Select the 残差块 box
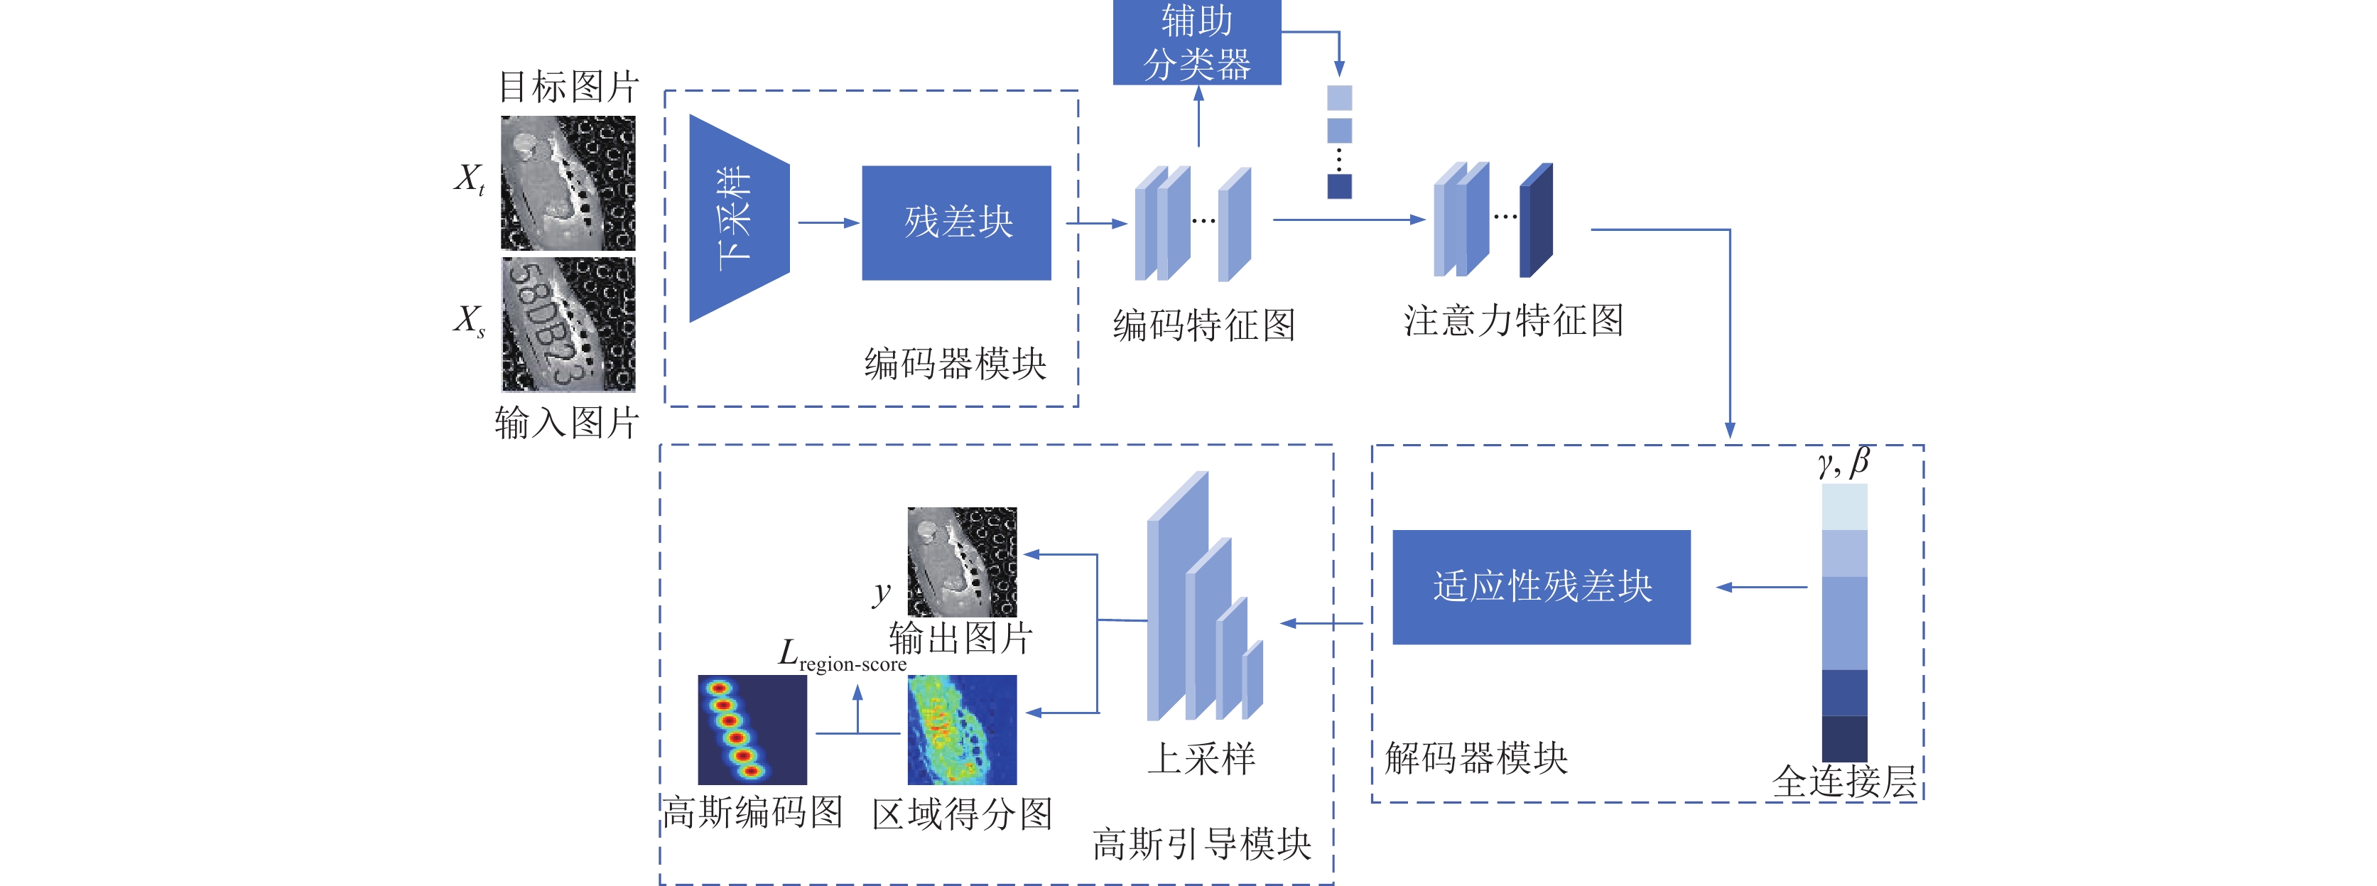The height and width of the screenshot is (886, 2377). (x=956, y=222)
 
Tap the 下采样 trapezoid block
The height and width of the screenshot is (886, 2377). (x=739, y=219)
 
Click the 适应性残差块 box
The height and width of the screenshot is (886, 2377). (x=1541, y=587)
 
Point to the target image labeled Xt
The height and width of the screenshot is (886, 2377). (x=568, y=183)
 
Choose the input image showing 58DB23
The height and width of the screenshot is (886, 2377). (x=568, y=324)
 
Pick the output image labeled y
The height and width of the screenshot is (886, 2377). (x=961, y=562)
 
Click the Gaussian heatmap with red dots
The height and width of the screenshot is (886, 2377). (x=752, y=730)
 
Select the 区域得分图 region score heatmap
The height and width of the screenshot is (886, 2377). (x=961, y=730)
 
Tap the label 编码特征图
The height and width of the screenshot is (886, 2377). (x=1204, y=325)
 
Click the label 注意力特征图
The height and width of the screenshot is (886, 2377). (x=1513, y=320)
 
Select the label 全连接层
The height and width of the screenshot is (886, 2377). (x=1843, y=782)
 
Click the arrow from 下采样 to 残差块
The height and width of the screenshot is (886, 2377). (x=828, y=222)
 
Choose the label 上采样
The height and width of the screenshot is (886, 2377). (x=1201, y=759)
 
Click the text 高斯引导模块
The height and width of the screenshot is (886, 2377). (x=1201, y=843)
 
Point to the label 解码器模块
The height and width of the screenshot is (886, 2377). (x=1476, y=757)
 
